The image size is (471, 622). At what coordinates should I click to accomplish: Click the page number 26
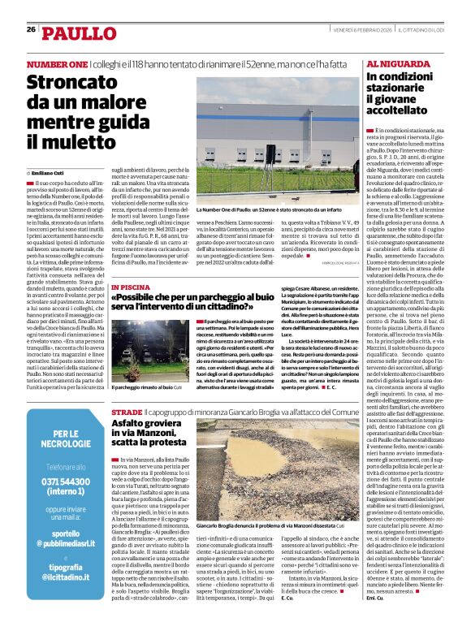[x=31, y=30]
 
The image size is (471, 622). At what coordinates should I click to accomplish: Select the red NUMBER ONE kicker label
[x=57, y=64]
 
